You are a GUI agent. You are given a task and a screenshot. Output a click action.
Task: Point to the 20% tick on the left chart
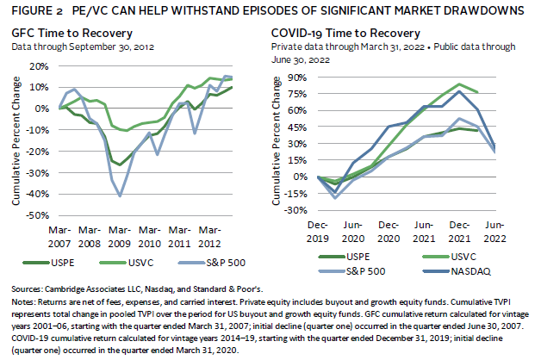(39, 66)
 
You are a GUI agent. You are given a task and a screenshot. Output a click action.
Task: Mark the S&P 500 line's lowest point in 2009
(120, 196)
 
